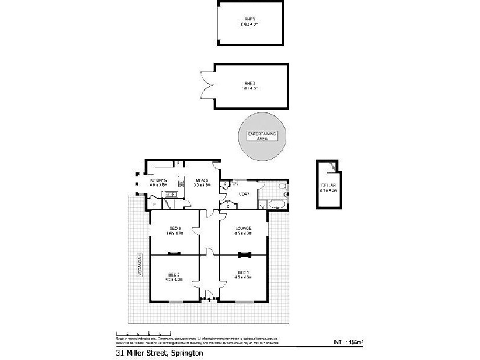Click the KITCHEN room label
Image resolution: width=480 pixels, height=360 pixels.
point(158,181)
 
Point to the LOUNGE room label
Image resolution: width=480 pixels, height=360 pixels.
point(243,229)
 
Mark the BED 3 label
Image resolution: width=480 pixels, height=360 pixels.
point(175,228)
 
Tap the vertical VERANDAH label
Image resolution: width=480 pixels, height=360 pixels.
point(139,264)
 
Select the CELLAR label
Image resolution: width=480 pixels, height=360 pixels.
point(327,185)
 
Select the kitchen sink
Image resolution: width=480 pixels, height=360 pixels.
point(170,194)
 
